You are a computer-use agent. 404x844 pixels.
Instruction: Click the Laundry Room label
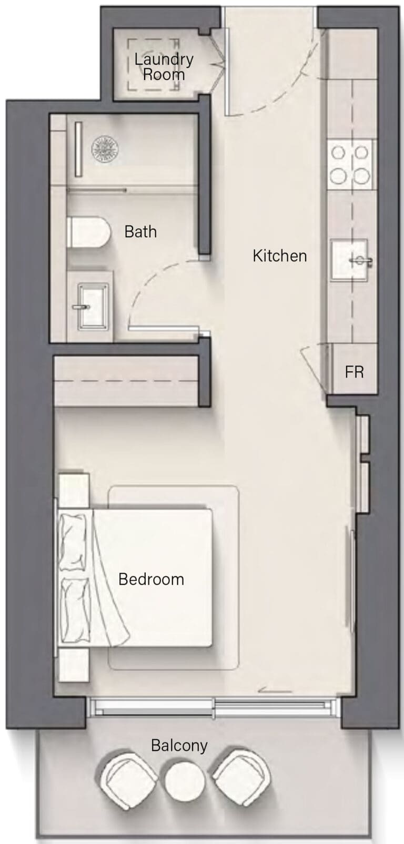[x=164, y=67]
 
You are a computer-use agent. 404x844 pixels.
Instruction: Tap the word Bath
[x=140, y=232]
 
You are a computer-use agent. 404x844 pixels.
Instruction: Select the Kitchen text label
[x=280, y=256]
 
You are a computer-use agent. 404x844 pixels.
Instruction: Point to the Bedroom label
[x=151, y=579]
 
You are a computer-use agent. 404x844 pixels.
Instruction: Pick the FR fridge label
[x=354, y=372]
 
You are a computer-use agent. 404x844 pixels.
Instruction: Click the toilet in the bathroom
[x=88, y=232]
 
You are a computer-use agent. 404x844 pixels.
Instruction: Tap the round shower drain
[x=106, y=149]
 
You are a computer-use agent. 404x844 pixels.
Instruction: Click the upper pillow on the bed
[x=73, y=542]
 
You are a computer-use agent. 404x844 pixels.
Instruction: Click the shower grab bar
[x=78, y=149]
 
